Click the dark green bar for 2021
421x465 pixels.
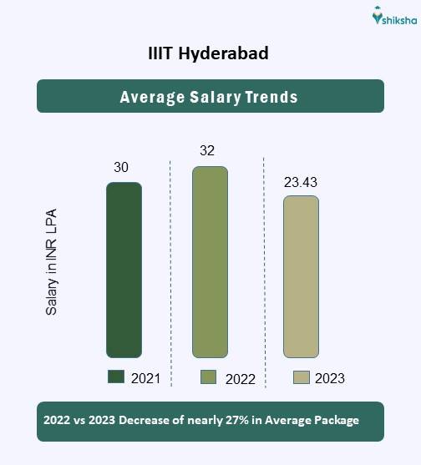point(124,270)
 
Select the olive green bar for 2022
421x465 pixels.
point(210,261)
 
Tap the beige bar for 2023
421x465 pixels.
point(301,276)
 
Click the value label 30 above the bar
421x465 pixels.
point(121,168)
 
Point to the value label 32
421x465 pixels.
point(208,151)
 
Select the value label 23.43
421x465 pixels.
point(301,181)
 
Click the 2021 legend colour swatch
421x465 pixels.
point(115,377)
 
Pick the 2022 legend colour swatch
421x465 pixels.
point(208,377)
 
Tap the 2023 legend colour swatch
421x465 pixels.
point(301,377)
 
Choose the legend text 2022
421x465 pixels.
point(240,379)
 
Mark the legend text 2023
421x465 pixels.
point(329,378)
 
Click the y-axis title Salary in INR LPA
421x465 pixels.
point(52,262)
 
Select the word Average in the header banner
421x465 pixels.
point(150,97)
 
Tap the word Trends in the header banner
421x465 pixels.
point(271,97)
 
